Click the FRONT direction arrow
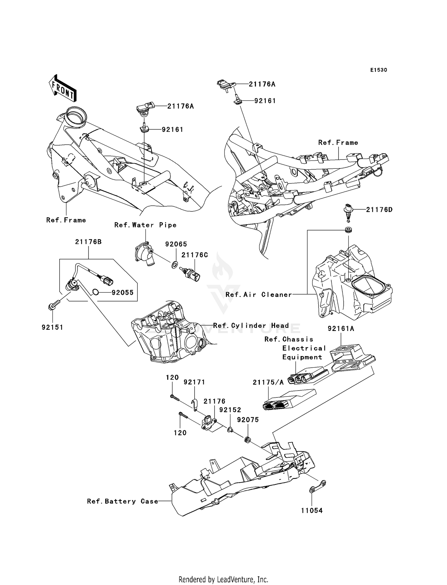(x=62, y=89)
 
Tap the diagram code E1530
(x=378, y=70)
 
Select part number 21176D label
(x=379, y=210)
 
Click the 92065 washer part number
(x=176, y=244)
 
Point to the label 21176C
(x=195, y=255)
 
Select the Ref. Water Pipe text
(x=145, y=225)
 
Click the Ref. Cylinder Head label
(x=251, y=326)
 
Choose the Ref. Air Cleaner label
(x=259, y=295)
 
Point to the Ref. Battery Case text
(x=122, y=502)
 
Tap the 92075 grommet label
(x=248, y=420)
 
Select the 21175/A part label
(x=268, y=383)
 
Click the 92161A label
(x=341, y=329)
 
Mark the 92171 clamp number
(x=194, y=382)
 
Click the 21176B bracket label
(x=88, y=242)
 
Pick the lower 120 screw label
(x=180, y=433)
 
